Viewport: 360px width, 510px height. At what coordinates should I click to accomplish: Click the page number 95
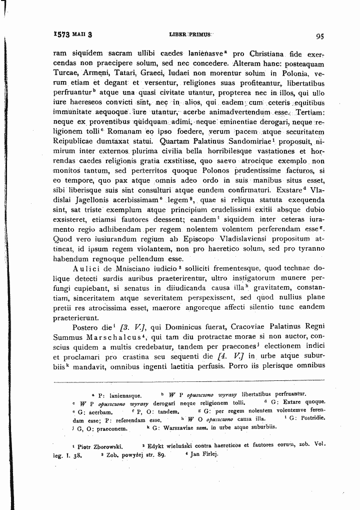click(x=320, y=36)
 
